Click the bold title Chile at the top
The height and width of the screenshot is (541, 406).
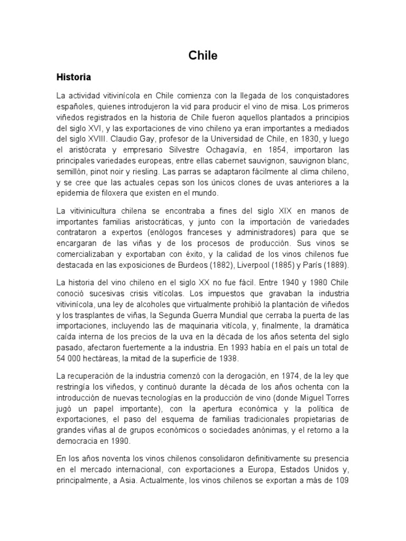(203, 55)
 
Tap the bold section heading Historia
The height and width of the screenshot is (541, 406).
(74, 77)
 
